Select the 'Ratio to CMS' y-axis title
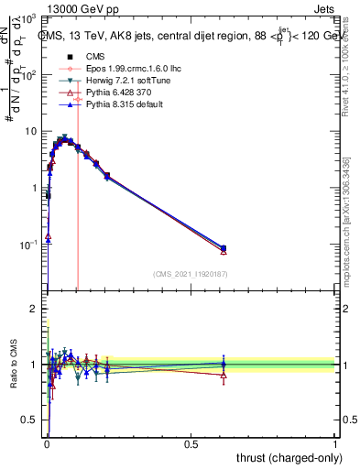pos(12,365)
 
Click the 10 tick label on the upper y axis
pos(29,132)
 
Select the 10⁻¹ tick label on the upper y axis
pos(27,245)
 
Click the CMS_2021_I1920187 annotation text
pos(190,274)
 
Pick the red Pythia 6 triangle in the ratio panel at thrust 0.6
pos(224,375)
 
